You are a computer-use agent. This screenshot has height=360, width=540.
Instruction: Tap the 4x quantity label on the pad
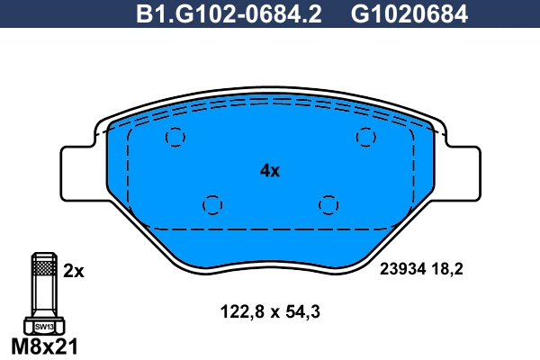point(270,170)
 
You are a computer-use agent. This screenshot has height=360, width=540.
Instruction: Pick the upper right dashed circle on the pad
point(365,137)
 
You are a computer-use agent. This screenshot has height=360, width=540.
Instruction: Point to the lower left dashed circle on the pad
point(211,205)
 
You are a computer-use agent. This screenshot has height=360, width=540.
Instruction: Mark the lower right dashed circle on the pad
point(328,205)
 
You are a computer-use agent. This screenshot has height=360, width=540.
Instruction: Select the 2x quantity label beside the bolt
point(74,269)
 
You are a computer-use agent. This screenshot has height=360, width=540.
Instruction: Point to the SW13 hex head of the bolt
point(43,327)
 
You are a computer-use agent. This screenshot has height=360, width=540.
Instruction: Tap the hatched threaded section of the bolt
point(43,267)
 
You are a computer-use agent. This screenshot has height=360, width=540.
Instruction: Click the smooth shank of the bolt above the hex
point(43,299)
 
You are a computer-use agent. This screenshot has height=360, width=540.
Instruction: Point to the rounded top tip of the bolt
point(43,253)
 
